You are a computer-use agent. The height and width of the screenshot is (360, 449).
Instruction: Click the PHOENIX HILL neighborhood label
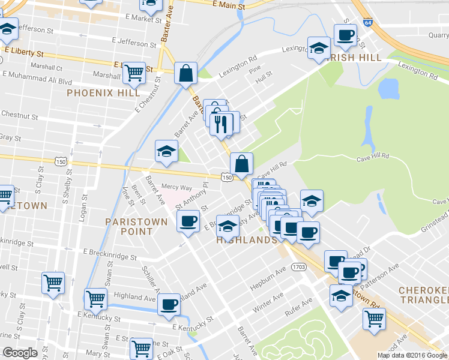[103, 93]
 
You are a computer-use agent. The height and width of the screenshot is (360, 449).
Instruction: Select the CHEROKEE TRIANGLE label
[423, 295]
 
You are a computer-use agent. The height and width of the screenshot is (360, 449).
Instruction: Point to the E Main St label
[229, 5]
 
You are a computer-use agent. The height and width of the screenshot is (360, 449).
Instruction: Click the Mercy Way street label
[176, 188]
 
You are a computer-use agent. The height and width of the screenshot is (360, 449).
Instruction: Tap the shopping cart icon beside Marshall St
[134, 73]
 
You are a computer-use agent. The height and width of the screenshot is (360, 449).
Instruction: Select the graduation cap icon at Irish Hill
[319, 48]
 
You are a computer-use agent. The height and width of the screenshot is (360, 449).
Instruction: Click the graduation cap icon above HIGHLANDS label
[226, 225]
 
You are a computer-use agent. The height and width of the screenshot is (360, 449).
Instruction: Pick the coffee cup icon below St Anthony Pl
[188, 221]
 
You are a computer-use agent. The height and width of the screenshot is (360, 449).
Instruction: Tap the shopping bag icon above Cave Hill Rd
[241, 163]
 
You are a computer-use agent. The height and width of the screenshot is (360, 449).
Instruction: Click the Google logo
[20, 353]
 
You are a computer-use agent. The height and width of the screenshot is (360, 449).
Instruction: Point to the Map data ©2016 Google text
[411, 355]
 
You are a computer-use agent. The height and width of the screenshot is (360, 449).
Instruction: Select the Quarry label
[438, 35]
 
